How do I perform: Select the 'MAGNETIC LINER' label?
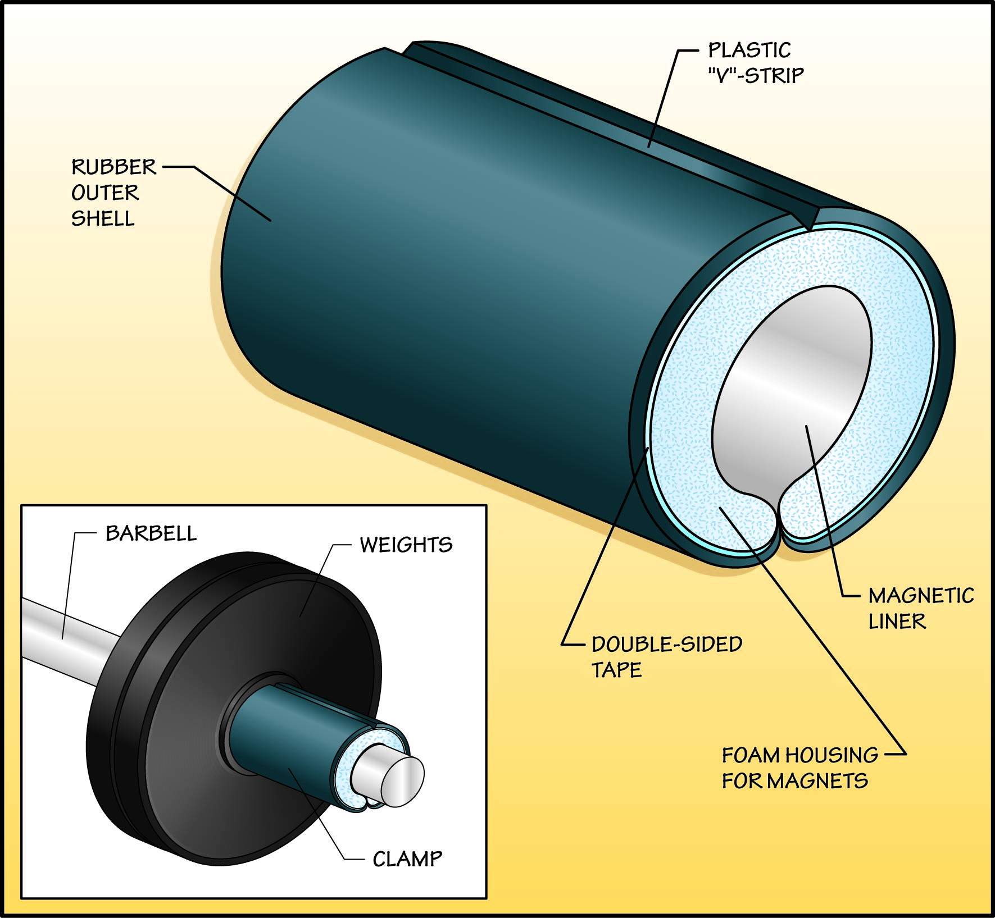tap(920, 608)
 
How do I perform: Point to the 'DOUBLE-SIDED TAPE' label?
tap(666, 656)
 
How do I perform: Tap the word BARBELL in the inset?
tap(151, 533)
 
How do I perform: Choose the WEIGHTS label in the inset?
tap(406, 545)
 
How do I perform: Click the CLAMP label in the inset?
tap(407, 859)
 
